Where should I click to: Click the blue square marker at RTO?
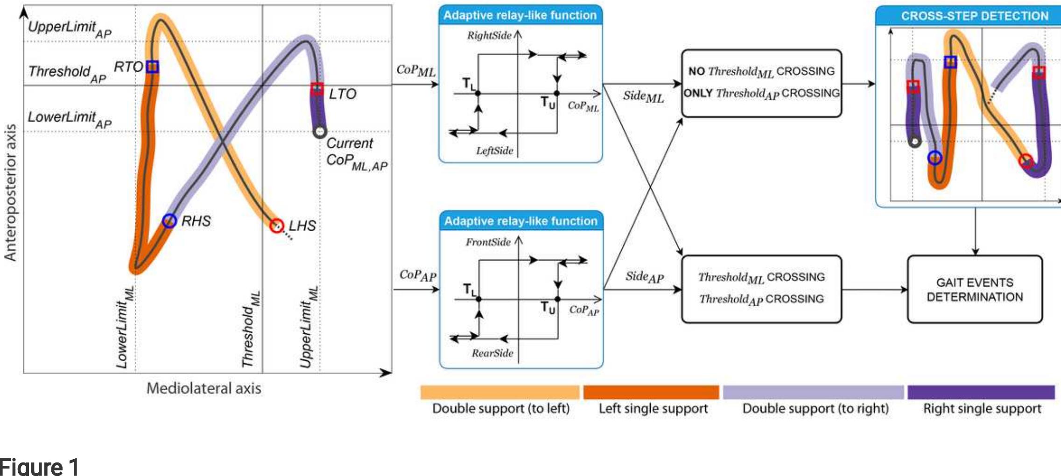(152, 67)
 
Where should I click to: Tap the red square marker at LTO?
(317, 89)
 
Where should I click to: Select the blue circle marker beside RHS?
(169, 221)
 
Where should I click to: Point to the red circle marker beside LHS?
(277, 226)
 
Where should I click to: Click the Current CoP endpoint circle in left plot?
(319, 132)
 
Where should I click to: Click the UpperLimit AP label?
(69, 29)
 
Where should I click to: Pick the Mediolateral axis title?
(204, 388)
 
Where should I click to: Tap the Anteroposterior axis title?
(10, 192)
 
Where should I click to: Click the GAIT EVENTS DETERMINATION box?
(975, 290)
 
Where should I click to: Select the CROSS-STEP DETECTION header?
(974, 16)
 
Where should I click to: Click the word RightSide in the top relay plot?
(489, 36)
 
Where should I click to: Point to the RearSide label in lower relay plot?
(492, 353)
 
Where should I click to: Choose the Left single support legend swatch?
(651, 392)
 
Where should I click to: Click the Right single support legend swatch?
(981, 392)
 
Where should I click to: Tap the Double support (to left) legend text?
(500, 409)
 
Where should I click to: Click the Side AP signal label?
(644, 277)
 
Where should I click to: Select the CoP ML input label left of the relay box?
(415, 71)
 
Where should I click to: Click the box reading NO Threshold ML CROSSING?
(761, 83)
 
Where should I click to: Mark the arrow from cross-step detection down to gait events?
(975, 231)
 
